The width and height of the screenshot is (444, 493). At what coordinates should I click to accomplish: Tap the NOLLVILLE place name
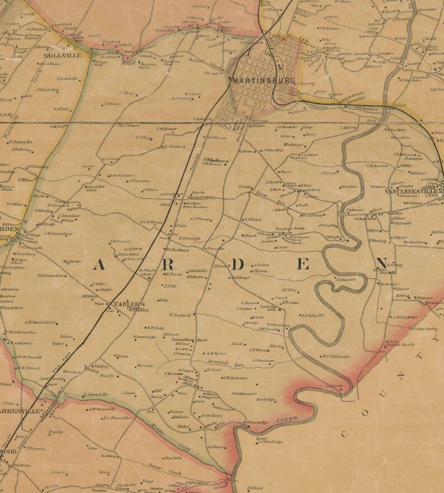(x=65, y=56)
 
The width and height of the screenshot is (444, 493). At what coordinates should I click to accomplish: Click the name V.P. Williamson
(x=335, y=356)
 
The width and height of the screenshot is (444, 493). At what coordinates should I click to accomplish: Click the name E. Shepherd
(x=180, y=315)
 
